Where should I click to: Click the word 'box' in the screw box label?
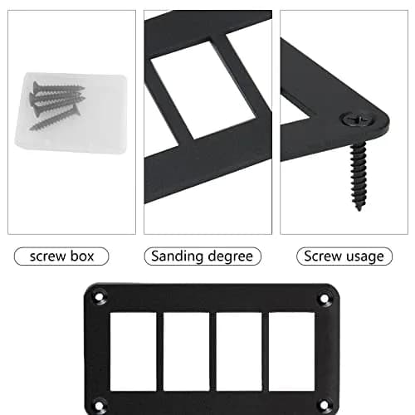click(82, 256)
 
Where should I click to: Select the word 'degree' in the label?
click(230, 256)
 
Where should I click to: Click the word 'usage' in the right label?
click(365, 257)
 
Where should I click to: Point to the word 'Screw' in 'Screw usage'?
click(323, 256)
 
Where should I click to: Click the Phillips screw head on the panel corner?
click(358, 120)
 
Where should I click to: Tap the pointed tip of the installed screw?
click(359, 209)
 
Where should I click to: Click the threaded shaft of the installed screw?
click(359, 174)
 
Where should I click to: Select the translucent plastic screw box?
click(71, 113)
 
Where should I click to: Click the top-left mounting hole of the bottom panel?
click(99, 297)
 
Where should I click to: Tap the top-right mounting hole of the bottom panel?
click(324, 299)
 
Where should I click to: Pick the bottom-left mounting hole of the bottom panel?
click(99, 406)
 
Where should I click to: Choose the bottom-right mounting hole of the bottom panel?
click(324, 406)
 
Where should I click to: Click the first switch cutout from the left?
click(133, 352)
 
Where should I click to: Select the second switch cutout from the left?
click(186, 352)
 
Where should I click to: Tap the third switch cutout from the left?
click(239, 352)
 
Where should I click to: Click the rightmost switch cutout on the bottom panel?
click(291, 352)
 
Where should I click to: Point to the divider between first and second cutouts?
click(159, 352)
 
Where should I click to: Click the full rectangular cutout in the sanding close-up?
click(203, 90)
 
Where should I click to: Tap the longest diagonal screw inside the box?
click(56, 119)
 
